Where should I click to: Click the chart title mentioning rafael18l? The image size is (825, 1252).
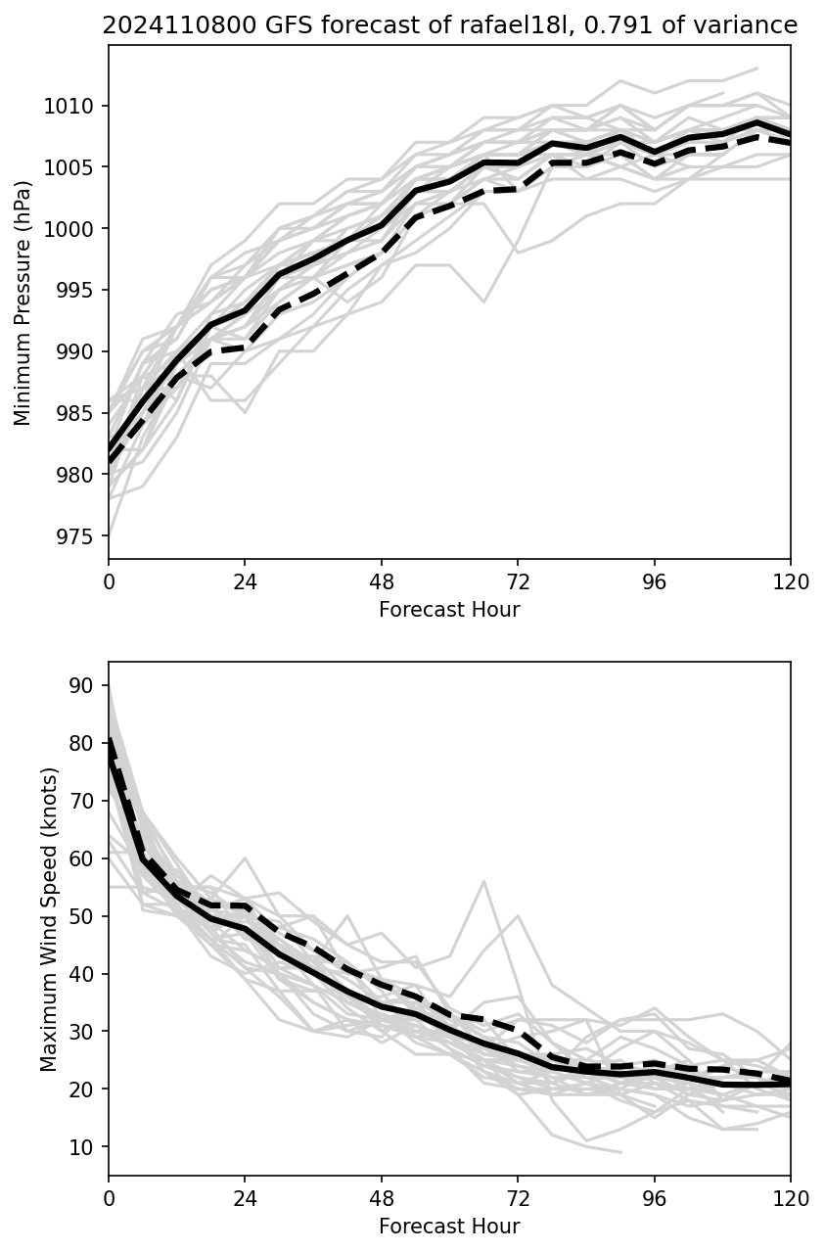click(x=449, y=25)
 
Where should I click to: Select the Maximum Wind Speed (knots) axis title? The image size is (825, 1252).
click(x=49, y=918)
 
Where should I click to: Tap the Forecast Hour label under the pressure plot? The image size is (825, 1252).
click(x=449, y=610)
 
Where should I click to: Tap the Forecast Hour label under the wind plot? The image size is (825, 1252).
click(x=449, y=1226)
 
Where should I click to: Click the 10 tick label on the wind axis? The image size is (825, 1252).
click(x=87, y=1146)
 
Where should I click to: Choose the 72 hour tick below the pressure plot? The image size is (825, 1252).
click(x=518, y=581)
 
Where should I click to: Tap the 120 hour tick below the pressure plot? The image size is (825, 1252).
click(x=791, y=581)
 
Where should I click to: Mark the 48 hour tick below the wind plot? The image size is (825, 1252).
click(x=382, y=1198)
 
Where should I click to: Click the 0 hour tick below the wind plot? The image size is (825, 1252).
click(x=109, y=1198)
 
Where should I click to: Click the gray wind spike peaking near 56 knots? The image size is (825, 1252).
click(x=483, y=881)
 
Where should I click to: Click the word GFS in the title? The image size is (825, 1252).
click(x=236, y=25)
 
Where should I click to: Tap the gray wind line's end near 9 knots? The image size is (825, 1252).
click(x=620, y=1152)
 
